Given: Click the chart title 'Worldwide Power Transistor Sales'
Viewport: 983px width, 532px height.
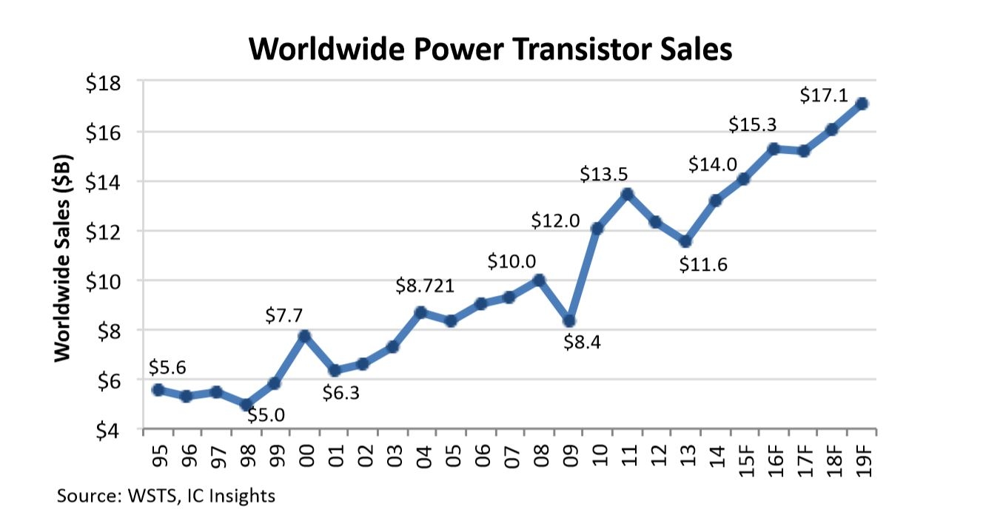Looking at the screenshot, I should (x=490, y=49).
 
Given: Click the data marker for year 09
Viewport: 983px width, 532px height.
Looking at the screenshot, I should (x=568, y=320).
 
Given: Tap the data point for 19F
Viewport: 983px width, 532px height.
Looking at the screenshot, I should (x=862, y=104).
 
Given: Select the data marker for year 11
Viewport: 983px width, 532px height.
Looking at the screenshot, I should (x=627, y=194).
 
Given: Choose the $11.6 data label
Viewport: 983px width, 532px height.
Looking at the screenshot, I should (x=703, y=263).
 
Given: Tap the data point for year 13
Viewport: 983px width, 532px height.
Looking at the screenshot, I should (x=685, y=241).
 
